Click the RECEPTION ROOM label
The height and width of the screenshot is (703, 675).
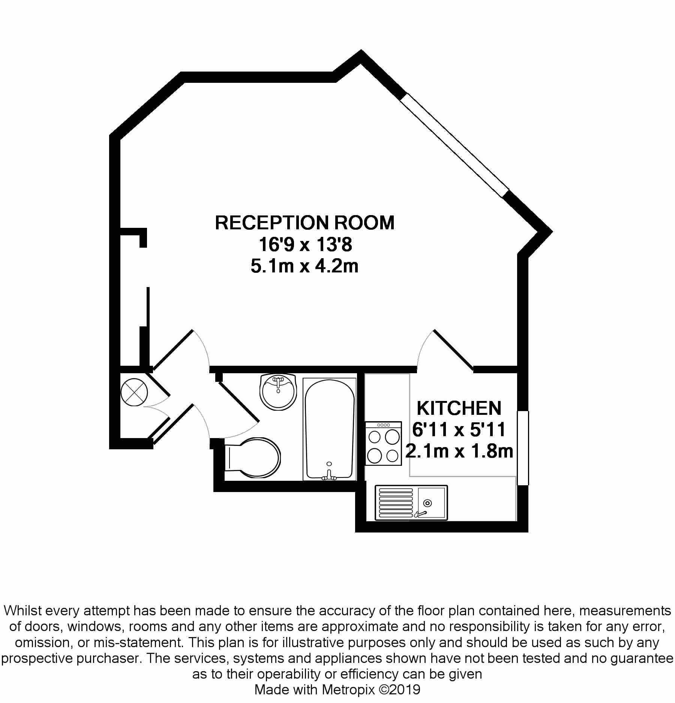click(304, 223)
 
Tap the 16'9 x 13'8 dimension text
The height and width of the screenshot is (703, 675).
click(305, 245)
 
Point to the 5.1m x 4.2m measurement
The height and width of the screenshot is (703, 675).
click(304, 267)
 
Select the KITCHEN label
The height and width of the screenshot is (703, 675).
click(459, 408)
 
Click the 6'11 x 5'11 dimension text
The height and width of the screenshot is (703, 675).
click(459, 429)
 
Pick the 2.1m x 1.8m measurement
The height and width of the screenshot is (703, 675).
click(459, 451)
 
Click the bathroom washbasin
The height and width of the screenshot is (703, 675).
click(278, 392)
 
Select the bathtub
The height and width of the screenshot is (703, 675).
click(329, 429)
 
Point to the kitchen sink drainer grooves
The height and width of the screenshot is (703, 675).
click(396, 503)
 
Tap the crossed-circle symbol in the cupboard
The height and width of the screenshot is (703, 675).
click(134, 392)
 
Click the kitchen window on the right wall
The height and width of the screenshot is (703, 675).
click(523, 448)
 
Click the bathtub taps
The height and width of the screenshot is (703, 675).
click(329, 476)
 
